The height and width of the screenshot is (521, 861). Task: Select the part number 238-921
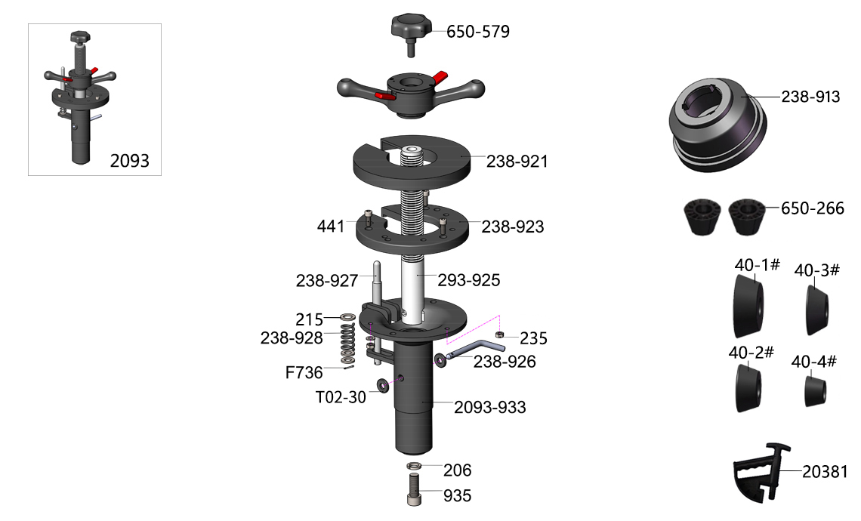pyautogui.click(x=517, y=162)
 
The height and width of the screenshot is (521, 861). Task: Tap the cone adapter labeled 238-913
pyautogui.click(x=718, y=126)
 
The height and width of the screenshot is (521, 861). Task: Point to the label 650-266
pyautogui.click(x=813, y=208)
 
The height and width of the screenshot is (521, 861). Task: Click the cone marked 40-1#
pyautogui.click(x=748, y=307)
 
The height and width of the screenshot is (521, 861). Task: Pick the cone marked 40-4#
pyautogui.click(x=816, y=390)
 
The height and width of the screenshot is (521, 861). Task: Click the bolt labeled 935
pyautogui.click(x=415, y=489)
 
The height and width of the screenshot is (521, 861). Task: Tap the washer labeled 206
pyautogui.click(x=415, y=466)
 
